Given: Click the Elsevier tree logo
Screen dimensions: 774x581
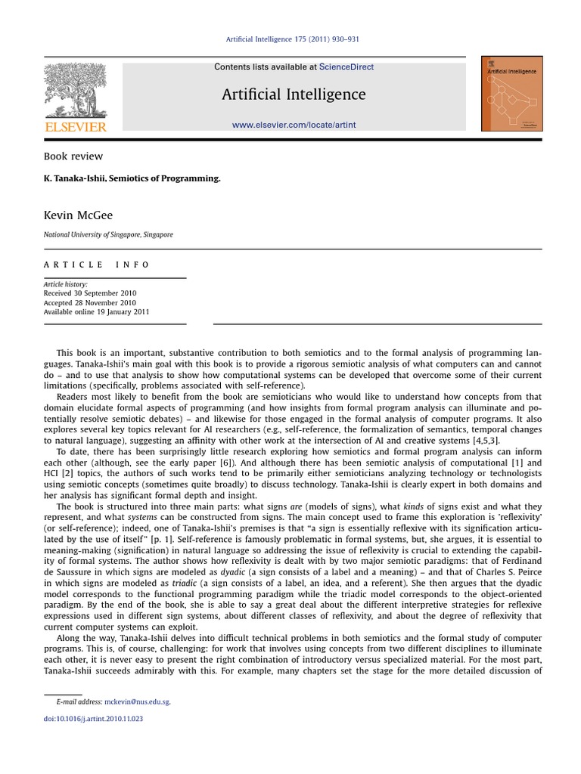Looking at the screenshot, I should click(x=75, y=89).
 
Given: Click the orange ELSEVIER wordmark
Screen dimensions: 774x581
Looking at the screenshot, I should click(x=75, y=127).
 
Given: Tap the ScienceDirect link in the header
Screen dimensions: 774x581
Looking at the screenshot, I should click(x=346, y=67).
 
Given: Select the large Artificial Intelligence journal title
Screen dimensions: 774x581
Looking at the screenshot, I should click(x=294, y=94).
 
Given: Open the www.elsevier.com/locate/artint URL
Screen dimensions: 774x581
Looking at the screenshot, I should click(x=294, y=124).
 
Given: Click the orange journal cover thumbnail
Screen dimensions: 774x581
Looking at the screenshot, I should click(x=511, y=94).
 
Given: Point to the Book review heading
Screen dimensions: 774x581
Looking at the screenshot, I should click(x=73, y=156).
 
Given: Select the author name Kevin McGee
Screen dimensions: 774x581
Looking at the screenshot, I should click(x=78, y=215).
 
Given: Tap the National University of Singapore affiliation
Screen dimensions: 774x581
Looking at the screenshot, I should click(x=108, y=235).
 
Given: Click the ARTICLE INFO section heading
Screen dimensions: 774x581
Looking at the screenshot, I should click(x=97, y=265).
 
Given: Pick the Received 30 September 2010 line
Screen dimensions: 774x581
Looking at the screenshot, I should click(x=90, y=293).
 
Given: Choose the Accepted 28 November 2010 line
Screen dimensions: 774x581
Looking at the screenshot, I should click(x=89, y=302).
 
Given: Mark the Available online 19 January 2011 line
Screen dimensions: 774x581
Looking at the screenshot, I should click(x=96, y=311).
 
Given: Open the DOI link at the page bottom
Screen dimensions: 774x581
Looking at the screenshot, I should click(x=93, y=719).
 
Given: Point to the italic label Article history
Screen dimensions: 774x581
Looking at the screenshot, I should click(x=65, y=284).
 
